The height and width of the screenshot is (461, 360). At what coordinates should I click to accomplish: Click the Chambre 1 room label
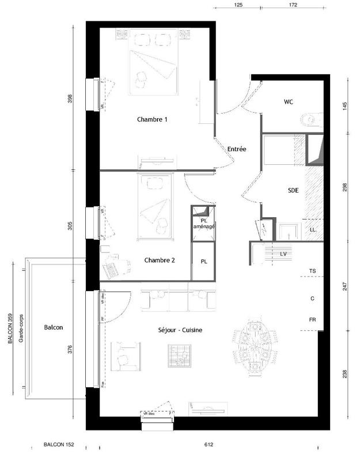point(152,120)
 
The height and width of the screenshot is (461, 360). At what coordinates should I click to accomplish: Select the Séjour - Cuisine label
point(180,330)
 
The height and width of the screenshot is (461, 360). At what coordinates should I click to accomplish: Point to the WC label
point(289,102)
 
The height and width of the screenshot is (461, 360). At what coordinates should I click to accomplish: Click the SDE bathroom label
point(293,191)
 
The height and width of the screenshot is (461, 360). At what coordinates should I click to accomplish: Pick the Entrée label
point(236,149)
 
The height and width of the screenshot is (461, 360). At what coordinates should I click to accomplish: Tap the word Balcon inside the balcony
point(53,327)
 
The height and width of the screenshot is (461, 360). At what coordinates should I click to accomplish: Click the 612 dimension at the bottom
point(209,445)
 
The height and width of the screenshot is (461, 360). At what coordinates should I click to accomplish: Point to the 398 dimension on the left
point(70,99)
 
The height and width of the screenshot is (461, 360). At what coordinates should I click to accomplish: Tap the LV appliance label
point(283,253)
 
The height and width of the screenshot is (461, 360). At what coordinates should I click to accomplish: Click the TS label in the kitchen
point(312,270)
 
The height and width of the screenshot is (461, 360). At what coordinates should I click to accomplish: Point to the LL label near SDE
point(313,230)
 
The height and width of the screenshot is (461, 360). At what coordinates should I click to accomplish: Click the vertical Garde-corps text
point(21,331)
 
